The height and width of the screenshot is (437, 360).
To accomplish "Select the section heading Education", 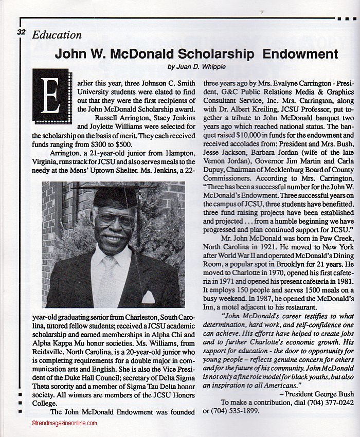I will tap(57, 35).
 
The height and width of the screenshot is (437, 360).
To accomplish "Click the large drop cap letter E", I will tap(50, 95).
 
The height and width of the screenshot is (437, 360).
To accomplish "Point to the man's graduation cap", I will tap(114, 197).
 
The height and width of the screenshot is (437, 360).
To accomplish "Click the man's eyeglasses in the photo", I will tap(114, 221).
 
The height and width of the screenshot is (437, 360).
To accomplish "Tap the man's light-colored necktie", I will tap(109, 280).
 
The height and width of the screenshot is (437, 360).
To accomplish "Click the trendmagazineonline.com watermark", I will tap(64, 423).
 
